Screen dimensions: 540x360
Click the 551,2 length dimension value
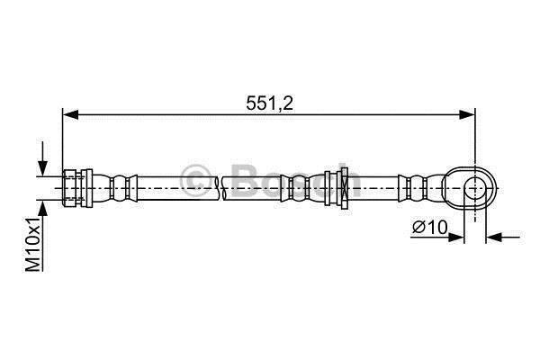click(x=269, y=103)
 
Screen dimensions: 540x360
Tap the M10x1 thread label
click(x=33, y=244)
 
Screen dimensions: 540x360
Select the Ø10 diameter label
click(x=430, y=227)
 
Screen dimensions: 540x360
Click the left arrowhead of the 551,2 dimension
click(x=70, y=115)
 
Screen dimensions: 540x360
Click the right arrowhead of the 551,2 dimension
click(x=467, y=115)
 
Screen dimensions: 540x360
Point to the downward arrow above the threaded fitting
click(x=42, y=158)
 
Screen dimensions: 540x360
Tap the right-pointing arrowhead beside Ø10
click(x=456, y=237)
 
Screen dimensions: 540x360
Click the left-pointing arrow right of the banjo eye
click(x=503, y=237)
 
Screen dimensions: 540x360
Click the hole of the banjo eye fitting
click(x=475, y=188)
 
